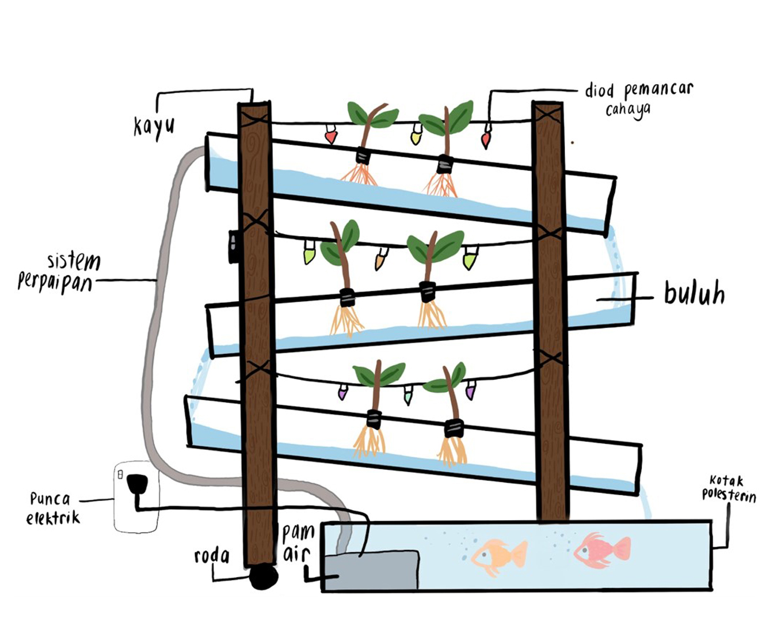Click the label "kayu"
point(154,125)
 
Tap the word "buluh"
point(694,294)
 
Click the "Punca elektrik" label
point(52,508)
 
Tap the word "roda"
point(212,556)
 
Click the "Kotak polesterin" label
point(729,488)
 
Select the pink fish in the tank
point(601,551)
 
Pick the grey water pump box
point(371,570)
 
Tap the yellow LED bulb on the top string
point(416,136)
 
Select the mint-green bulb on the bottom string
point(408,395)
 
